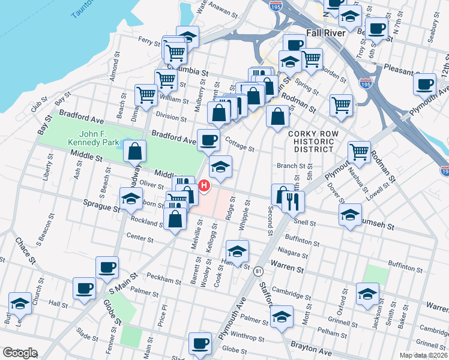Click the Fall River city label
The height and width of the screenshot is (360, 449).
click(326, 33)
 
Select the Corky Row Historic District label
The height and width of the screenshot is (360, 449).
click(313, 142)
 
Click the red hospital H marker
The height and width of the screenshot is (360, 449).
click(204, 187)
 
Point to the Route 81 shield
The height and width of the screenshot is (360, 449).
click(258, 272)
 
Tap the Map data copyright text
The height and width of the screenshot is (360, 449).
click(424, 355)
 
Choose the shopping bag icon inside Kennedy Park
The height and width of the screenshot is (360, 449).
click(135, 152)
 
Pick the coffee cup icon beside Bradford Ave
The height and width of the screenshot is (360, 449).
click(208, 140)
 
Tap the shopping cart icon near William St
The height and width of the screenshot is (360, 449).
click(147, 95)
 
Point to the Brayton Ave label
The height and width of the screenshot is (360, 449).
click(311, 346)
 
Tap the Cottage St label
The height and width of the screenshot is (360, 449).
click(239, 145)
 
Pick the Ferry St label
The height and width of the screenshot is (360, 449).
click(148, 41)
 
